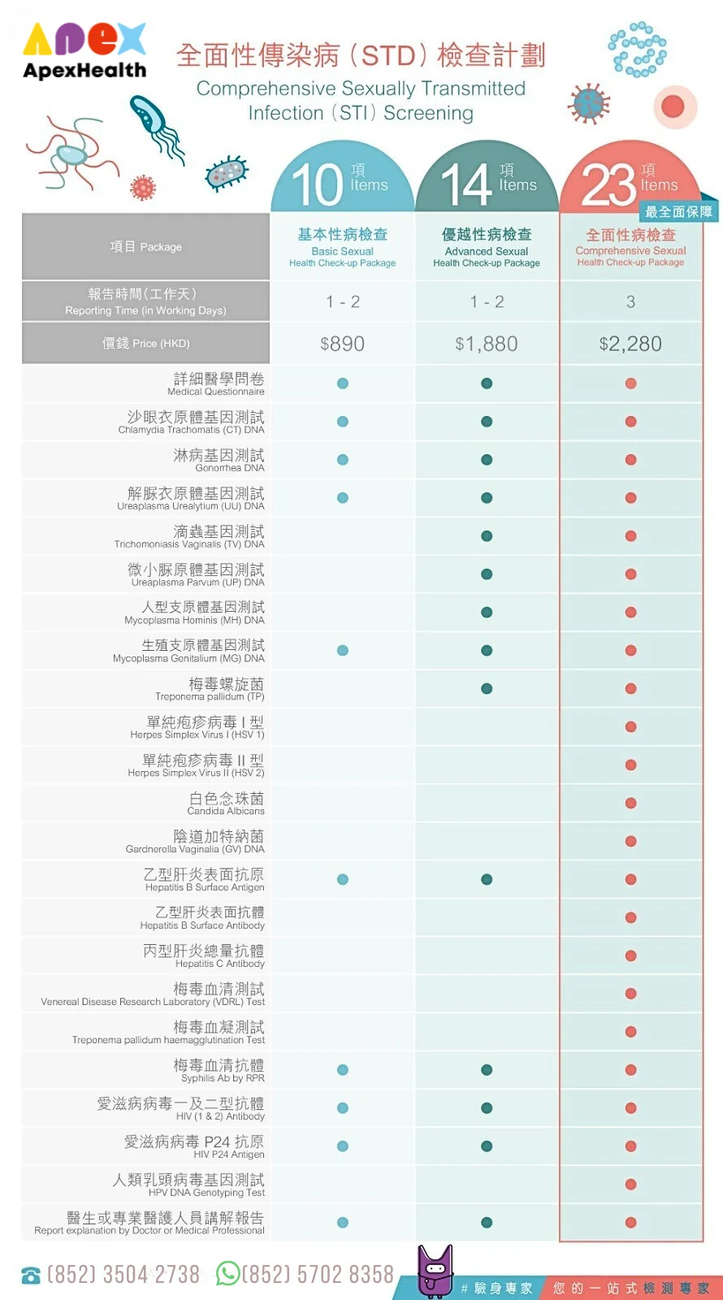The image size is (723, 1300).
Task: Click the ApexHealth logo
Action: pyautogui.click(x=84, y=50)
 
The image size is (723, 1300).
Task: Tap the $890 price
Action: pyautogui.click(x=342, y=344)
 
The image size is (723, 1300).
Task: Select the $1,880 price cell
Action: pyautogui.click(x=487, y=344)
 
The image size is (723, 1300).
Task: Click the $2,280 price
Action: pyautogui.click(x=630, y=344)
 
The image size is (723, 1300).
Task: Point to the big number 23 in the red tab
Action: pyautogui.click(x=608, y=184)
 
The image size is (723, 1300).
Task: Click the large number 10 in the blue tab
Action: pyautogui.click(x=318, y=184)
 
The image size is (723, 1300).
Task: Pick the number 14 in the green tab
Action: pyautogui.click(x=466, y=184)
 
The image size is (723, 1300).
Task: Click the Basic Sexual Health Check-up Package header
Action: pyautogui.click(x=342, y=247)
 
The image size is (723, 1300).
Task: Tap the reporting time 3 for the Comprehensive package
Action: pyautogui.click(x=630, y=301)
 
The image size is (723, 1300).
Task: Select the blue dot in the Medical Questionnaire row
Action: pyautogui.click(x=343, y=383)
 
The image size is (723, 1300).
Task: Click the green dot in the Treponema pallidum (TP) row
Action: pyautogui.click(x=487, y=689)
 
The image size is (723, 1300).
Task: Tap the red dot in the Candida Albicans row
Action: pyautogui.click(x=630, y=804)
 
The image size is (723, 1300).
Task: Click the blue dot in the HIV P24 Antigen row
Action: pyautogui.click(x=343, y=1146)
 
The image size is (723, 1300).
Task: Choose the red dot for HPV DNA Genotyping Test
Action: pyautogui.click(x=630, y=1185)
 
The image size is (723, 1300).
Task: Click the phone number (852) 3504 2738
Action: pyautogui.click(x=123, y=1275)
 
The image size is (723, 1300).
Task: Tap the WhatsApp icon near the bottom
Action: pyautogui.click(x=227, y=1273)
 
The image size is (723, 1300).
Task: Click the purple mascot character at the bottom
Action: pyautogui.click(x=435, y=1271)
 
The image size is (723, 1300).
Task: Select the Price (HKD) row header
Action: pyautogui.click(x=145, y=343)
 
